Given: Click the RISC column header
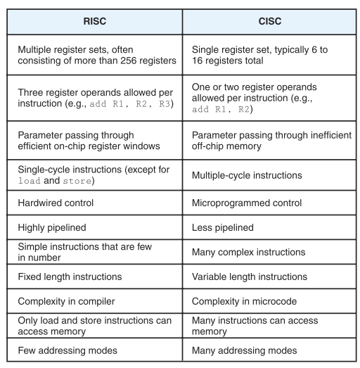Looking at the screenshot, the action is point(95,21).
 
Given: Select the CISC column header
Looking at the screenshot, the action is point(270,21).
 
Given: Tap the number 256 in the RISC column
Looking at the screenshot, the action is point(128,61).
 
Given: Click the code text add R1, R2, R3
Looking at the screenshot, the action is point(130,103).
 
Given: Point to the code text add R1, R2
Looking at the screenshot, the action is point(221,109).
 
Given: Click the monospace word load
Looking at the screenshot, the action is point(30,181).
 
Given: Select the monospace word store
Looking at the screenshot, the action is point(77,181).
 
